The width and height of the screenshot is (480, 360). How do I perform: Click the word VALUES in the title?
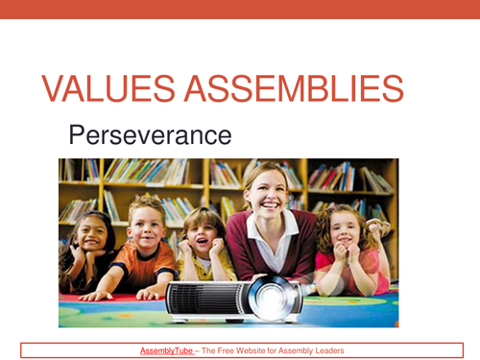point(105,89)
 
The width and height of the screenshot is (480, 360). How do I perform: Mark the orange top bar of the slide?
point(240,9)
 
